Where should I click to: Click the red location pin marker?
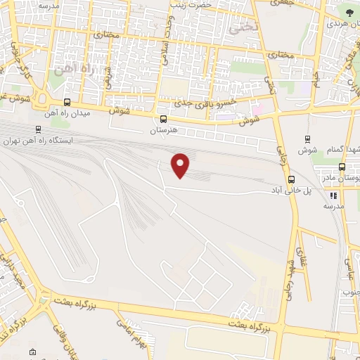(181, 165)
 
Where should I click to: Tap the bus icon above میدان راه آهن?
(67, 102)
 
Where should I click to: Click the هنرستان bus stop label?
(165, 131)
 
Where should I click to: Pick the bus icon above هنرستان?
(164, 120)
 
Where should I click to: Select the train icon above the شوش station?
(307, 139)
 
